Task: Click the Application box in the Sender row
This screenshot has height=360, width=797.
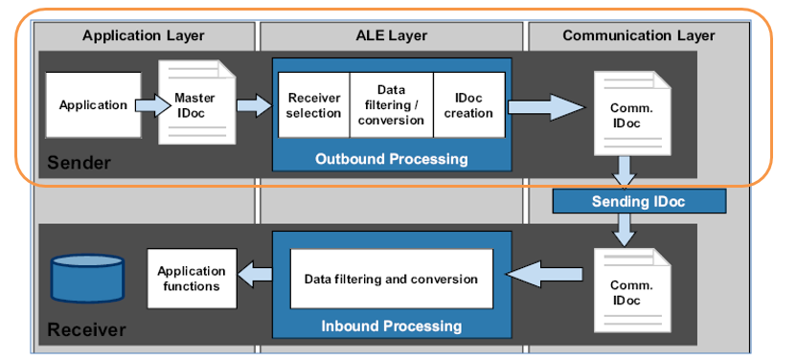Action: tap(94, 105)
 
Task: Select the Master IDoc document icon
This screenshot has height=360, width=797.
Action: tap(197, 102)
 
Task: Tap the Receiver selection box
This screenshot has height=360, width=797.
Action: tap(314, 105)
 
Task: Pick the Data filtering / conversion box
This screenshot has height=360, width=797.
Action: tap(392, 105)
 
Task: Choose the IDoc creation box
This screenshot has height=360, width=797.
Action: tap(469, 105)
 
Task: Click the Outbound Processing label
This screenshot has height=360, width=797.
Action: tap(392, 159)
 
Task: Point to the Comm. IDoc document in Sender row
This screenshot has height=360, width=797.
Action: tap(632, 113)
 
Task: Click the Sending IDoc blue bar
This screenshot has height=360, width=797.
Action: tap(639, 202)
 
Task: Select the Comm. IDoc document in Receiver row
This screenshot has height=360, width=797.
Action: tap(632, 290)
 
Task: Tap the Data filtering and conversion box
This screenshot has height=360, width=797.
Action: tap(392, 279)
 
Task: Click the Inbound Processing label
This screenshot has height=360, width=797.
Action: tap(392, 326)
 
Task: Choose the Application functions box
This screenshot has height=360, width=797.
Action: tap(193, 279)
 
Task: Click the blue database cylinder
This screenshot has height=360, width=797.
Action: tap(87, 279)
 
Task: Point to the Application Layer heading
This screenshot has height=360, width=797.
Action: tap(144, 35)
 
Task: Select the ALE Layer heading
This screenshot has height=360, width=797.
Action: tap(392, 35)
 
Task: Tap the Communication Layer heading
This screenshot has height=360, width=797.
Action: tap(639, 35)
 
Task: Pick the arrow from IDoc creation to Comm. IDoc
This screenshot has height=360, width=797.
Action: tap(546, 106)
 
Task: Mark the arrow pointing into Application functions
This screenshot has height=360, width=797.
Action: tap(255, 276)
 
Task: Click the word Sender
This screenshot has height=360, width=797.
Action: tap(79, 163)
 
